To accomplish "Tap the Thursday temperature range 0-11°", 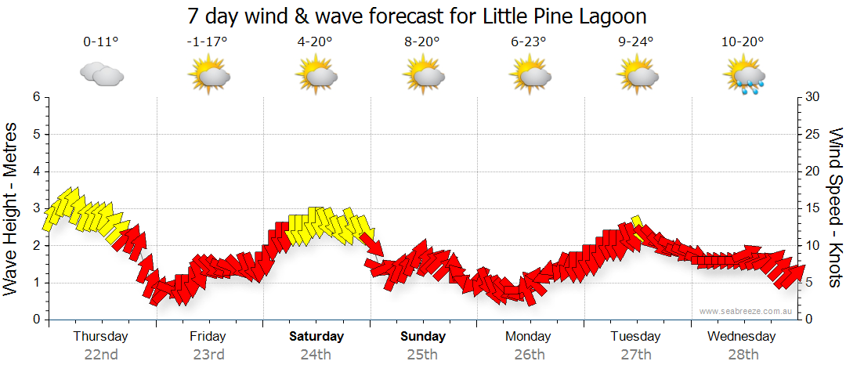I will (x=101, y=42).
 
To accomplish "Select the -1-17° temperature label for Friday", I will (x=208, y=42).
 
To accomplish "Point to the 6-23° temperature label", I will (x=530, y=42).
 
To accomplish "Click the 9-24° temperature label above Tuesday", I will (x=636, y=42).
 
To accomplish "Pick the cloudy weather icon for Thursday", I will (x=101, y=74).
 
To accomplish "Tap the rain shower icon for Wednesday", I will (x=743, y=76).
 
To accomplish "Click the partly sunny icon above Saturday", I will (x=316, y=76).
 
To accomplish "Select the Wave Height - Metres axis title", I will (x=12, y=208).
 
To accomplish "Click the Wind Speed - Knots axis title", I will (x=835, y=208).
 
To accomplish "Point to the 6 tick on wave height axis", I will (x=36, y=97).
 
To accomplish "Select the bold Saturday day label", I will (x=316, y=337).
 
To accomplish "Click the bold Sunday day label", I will (x=423, y=337).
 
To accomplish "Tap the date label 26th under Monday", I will (x=530, y=354).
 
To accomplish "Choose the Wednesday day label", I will (x=741, y=337).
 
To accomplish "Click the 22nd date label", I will (x=101, y=354).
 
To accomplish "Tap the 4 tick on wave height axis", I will (x=36, y=172).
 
